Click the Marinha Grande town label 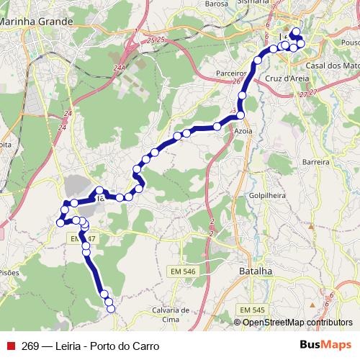[36, 22]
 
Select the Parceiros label [231, 73]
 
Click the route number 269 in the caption [30, 346]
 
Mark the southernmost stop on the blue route [111, 309]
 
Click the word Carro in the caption [145, 346]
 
